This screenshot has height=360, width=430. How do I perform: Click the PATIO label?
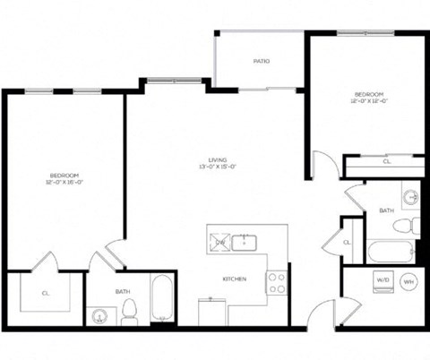point(261,61)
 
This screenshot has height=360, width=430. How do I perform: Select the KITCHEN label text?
point(235,279)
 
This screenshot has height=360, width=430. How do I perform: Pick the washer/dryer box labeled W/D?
point(383,279)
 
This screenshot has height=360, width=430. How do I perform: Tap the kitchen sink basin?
point(245,241)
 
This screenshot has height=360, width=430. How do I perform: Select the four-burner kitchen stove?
point(277,283)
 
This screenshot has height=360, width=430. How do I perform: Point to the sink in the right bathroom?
point(410,196)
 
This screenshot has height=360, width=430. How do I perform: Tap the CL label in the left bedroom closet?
point(45,292)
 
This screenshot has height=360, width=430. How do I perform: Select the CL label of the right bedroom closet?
point(386,162)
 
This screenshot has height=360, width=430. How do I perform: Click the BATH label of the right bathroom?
point(386,210)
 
